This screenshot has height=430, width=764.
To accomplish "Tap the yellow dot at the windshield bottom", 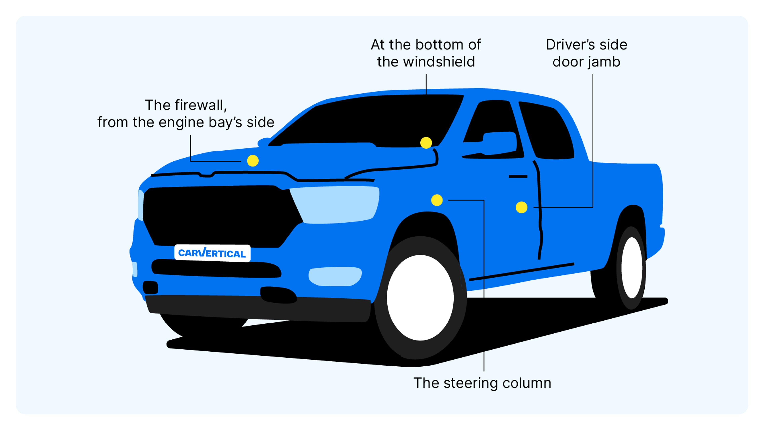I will coord(426,143).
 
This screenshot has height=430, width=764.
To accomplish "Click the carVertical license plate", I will coord(212,253).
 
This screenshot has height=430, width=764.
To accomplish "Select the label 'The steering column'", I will coord(482,383).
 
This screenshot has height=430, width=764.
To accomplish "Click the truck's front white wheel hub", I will coord(420,298).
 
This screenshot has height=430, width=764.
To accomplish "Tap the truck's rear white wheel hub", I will coord(631,268).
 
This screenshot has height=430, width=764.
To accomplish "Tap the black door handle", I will coord(518,177).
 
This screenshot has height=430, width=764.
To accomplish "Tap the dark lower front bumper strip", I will coord(258,309).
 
